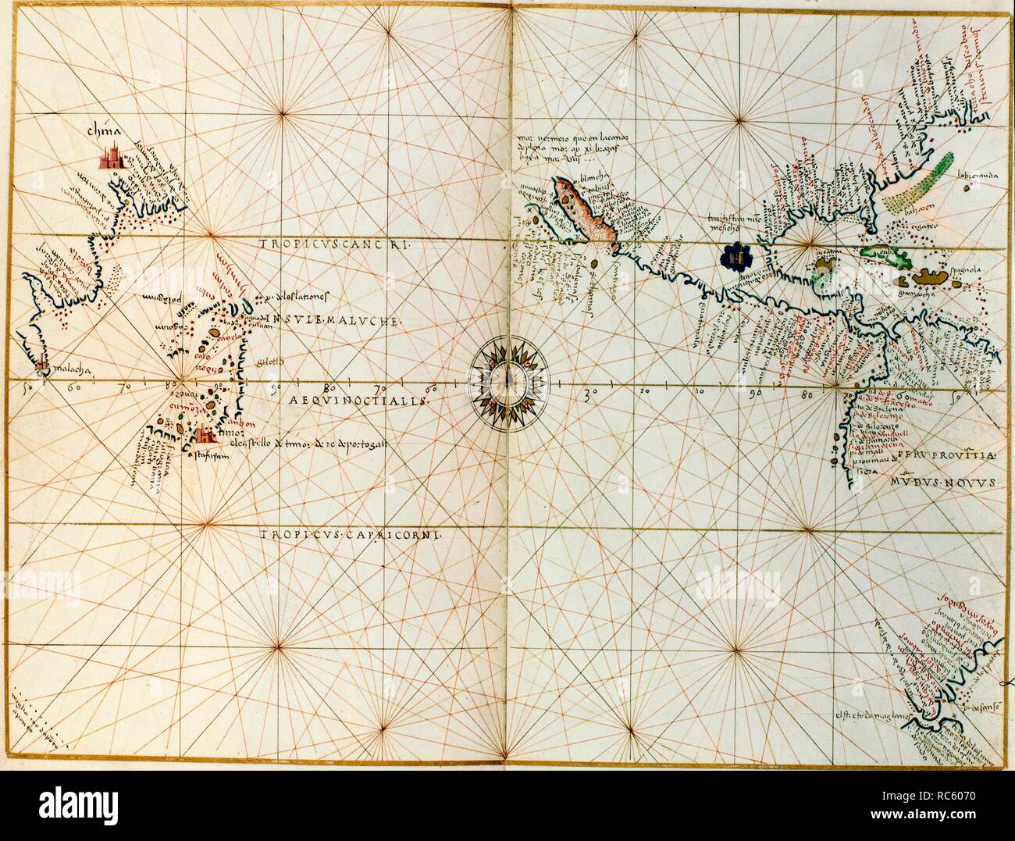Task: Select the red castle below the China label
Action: pos(112,158)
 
